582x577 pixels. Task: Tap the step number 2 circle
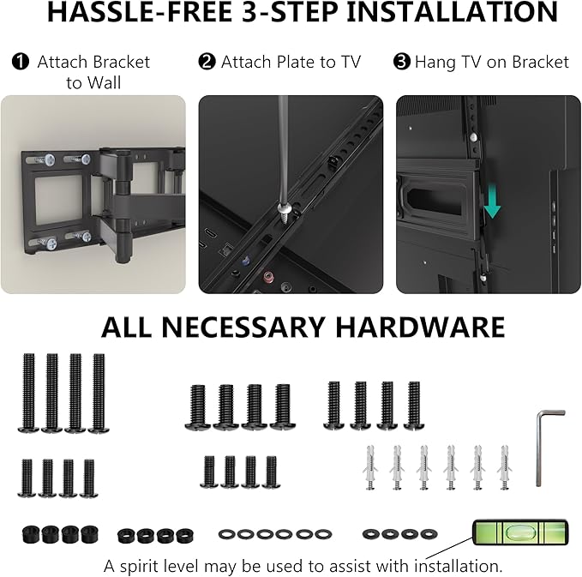tap(207, 63)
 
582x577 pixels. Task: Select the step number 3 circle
tap(402, 63)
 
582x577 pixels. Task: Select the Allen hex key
tap(545, 446)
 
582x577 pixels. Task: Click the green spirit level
tap(512, 535)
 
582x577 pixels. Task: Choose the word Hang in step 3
tap(435, 63)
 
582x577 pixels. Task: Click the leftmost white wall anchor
tap(370, 467)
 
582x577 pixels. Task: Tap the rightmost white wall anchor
tap(503, 467)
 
